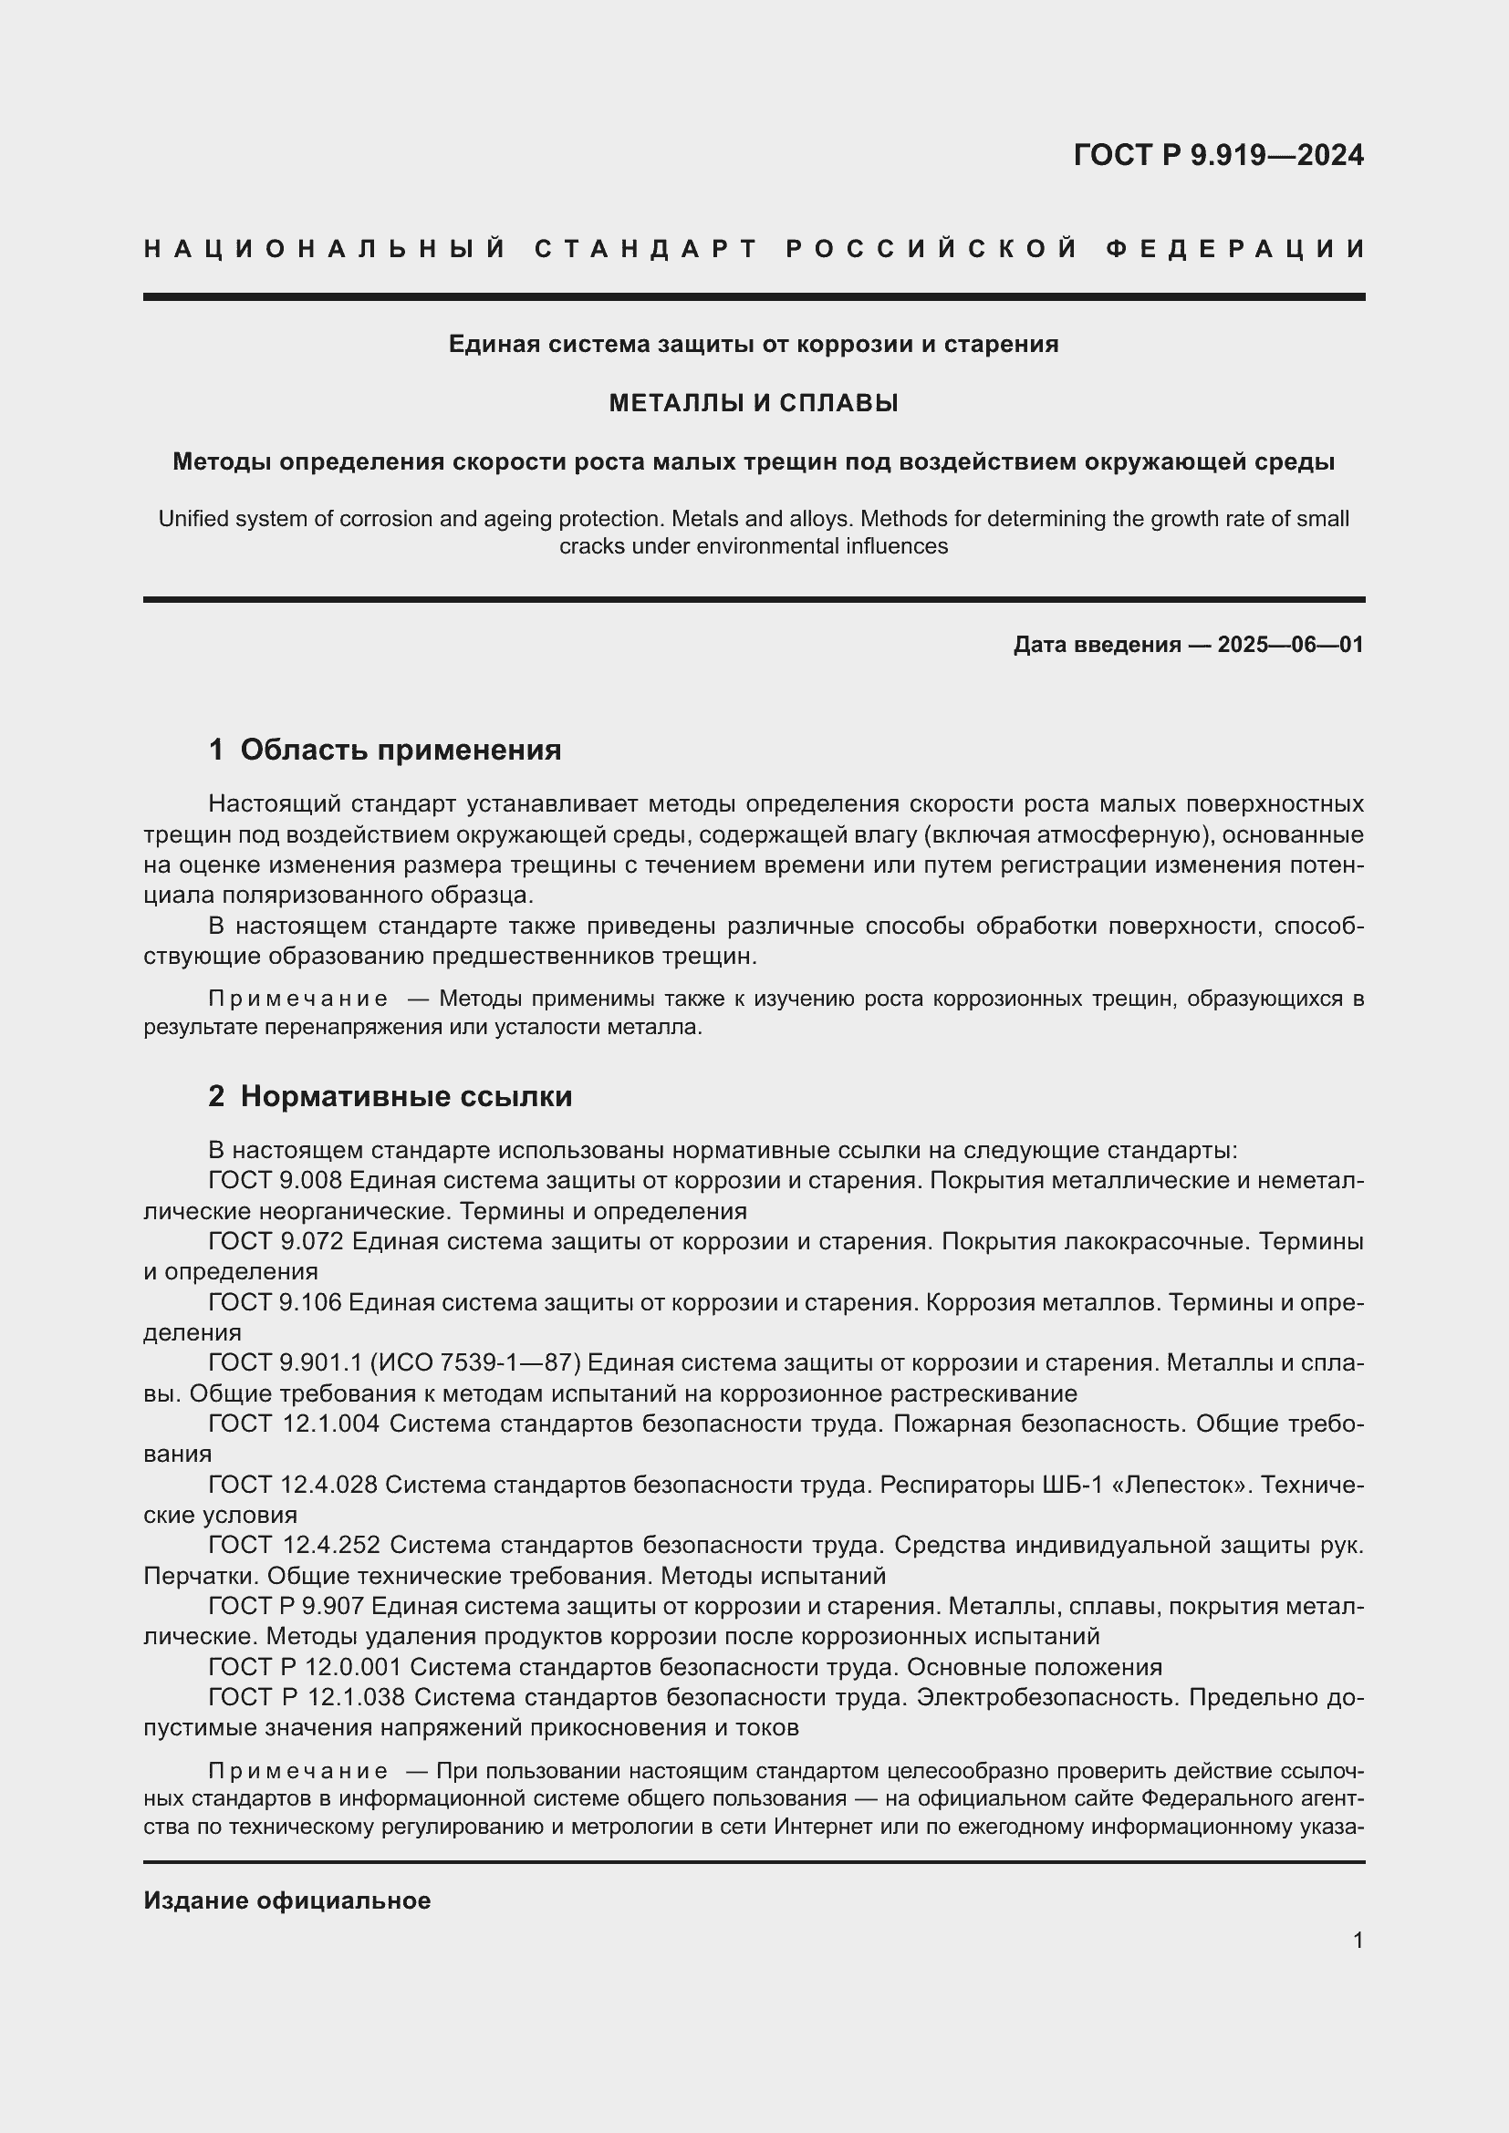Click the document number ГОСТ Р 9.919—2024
(1218, 155)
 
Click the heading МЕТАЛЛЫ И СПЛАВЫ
(754, 403)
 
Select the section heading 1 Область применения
(385, 750)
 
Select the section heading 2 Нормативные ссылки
(390, 1096)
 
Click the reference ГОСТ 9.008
(276, 1181)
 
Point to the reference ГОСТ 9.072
(276, 1241)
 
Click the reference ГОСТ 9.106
(276, 1302)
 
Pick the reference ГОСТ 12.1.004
(294, 1424)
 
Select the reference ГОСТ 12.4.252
(294, 1545)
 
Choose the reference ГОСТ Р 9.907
(288, 1605)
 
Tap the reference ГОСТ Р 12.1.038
(306, 1697)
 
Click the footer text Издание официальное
(287, 1900)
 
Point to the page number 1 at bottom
(1358, 1941)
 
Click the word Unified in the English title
(193, 519)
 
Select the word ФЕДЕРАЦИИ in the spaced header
(1235, 249)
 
